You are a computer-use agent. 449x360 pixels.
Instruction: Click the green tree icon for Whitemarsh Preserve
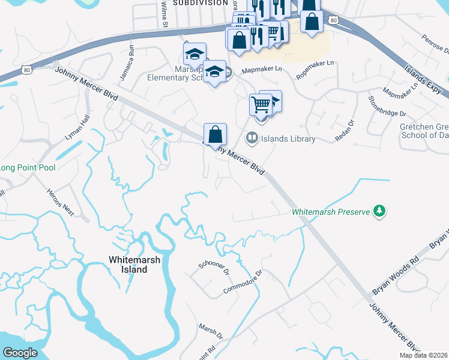coord(379,211)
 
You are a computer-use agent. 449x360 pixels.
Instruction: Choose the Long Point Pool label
coord(28,167)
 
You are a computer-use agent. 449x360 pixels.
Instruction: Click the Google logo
coord(20,353)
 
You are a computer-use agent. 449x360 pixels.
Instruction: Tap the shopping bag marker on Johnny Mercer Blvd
coord(215,134)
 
